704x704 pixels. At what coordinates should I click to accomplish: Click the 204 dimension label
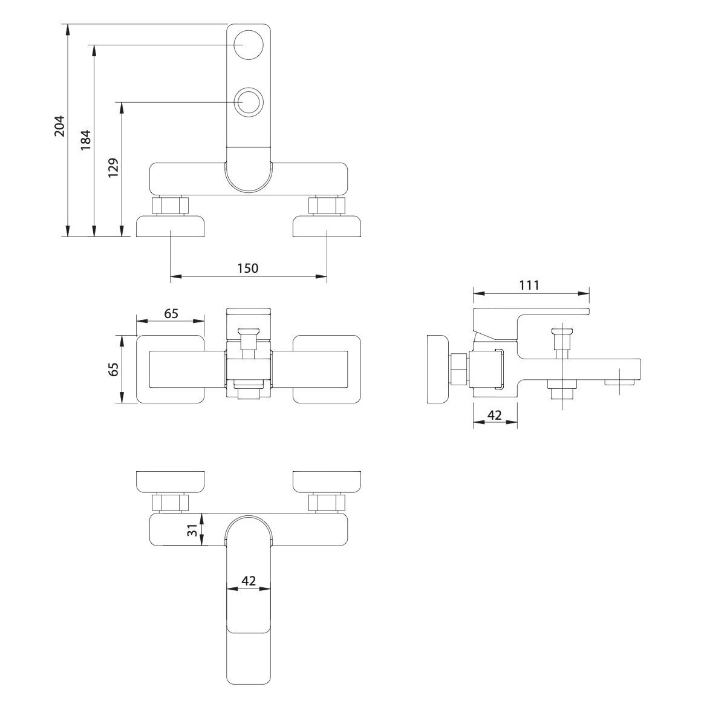(59, 126)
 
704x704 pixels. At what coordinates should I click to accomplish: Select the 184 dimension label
(85, 140)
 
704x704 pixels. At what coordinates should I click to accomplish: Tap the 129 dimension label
(112, 168)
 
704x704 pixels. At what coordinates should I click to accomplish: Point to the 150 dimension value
(248, 268)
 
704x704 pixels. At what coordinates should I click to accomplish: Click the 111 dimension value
(529, 285)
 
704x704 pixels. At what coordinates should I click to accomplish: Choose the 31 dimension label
(192, 530)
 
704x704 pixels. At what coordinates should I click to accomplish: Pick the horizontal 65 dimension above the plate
(171, 313)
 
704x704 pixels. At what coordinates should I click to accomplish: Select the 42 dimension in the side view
(494, 415)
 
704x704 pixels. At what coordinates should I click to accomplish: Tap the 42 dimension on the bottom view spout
(249, 581)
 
